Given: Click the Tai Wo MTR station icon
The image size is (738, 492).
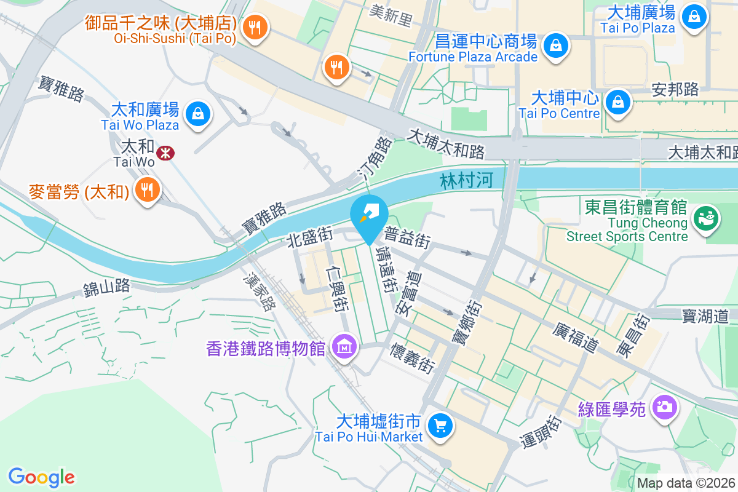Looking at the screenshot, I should click(x=165, y=152).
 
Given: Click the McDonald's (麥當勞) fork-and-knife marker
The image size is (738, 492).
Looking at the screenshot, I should click(x=146, y=189).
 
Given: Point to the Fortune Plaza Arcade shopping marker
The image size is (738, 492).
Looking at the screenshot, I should click(x=555, y=46).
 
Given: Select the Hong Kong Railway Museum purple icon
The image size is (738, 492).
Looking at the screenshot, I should click(x=344, y=347).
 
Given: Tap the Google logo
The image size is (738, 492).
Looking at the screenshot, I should click(x=41, y=477).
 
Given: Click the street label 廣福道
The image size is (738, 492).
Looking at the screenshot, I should click(x=576, y=338).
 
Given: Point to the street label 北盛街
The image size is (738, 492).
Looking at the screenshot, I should click(x=310, y=236).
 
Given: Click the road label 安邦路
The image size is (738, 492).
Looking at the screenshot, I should click(x=675, y=89).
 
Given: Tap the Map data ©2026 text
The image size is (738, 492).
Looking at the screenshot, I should click(x=686, y=483).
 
